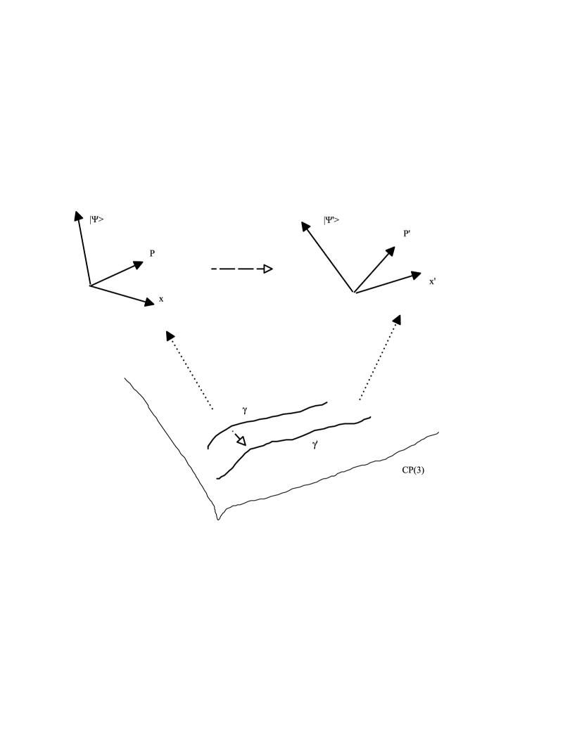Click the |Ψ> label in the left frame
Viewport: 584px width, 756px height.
(x=97, y=219)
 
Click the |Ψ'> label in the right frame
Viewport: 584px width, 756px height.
(x=331, y=220)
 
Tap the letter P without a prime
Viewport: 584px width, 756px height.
(x=152, y=252)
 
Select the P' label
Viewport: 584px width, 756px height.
(x=407, y=233)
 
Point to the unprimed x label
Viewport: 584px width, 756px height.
(x=161, y=299)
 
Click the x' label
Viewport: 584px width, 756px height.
(x=432, y=281)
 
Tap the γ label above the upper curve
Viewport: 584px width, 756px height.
(x=244, y=409)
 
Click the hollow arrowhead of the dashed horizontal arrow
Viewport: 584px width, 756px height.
(x=267, y=269)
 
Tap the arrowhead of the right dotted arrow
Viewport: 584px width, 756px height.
(x=397, y=319)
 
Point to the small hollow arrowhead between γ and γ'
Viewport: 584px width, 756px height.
(x=241, y=441)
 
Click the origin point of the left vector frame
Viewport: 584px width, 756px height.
(x=90, y=286)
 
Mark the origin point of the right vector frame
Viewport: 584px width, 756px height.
(x=354, y=292)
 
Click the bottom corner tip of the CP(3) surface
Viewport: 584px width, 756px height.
(x=218, y=520)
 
